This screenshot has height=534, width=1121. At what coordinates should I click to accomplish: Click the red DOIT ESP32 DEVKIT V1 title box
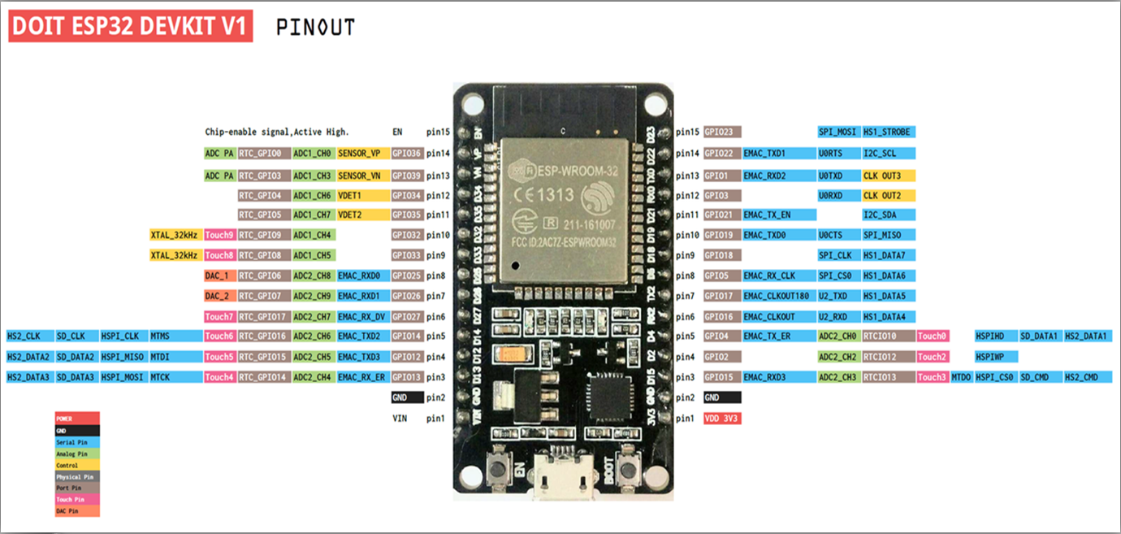point(131,27)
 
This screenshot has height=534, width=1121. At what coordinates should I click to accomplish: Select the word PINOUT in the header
point(315,28)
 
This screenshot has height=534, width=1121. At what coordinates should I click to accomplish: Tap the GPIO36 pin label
point(407,153)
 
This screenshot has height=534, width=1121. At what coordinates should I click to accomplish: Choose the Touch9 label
point(219,235)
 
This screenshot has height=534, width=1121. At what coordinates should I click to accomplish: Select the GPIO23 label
point(722,132)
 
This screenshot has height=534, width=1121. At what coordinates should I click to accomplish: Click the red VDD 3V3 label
point(722,419)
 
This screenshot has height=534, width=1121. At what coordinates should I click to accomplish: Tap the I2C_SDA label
point(888,215)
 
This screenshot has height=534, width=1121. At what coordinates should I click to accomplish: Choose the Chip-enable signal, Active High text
point(277,132)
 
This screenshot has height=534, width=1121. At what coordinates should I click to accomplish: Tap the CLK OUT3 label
point(888,176)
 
